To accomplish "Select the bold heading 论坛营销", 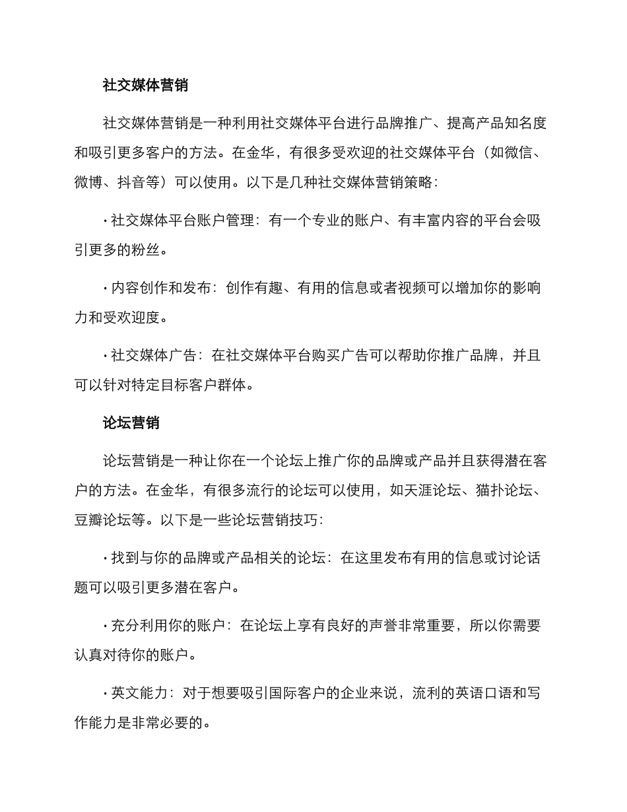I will tap(131, 423).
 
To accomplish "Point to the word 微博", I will tap(88, 182).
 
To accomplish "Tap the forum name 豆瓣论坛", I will tap(102, 520).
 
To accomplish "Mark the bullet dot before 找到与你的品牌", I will tap(105, 558).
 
